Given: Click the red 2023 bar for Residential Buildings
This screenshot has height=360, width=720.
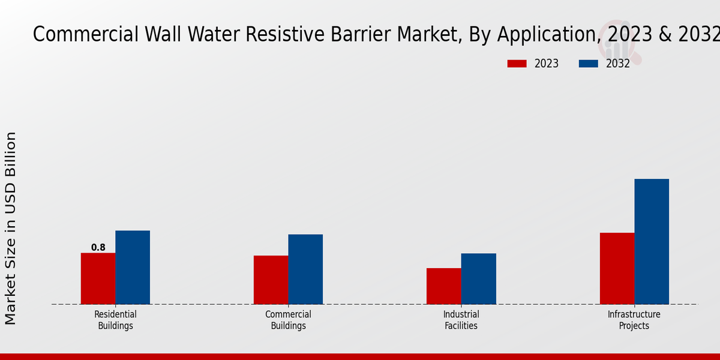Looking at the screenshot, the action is coord(98,278).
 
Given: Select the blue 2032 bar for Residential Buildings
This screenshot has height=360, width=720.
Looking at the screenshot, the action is coord(133,267).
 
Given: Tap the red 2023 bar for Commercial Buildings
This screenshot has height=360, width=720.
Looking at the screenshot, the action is coord(271,280).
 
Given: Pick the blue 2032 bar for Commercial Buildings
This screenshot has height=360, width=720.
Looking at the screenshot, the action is coord(305,269).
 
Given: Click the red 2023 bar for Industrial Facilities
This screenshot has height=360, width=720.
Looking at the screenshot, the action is coord(444,286).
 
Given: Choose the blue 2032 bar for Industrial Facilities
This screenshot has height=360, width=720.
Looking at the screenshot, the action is coord(479,278).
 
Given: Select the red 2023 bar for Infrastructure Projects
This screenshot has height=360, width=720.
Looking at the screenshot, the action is coord(617,268).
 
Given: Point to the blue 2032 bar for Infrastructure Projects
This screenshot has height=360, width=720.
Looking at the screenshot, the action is coord(652,241).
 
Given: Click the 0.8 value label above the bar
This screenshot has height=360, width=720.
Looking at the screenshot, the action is coord(98,247).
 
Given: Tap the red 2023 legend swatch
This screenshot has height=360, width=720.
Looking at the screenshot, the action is coord(517,64).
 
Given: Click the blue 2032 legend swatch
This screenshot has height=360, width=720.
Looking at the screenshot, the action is coord(589,64).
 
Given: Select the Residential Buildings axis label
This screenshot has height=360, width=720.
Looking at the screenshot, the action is coord(115,320).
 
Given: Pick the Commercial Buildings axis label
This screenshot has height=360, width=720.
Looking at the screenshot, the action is coord(289,320).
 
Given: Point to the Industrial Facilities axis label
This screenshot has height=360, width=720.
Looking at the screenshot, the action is coord(461,320).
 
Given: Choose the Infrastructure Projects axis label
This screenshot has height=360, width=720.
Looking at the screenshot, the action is coord(634,320).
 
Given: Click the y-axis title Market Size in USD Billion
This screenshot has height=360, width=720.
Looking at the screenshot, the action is coord(10,228).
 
